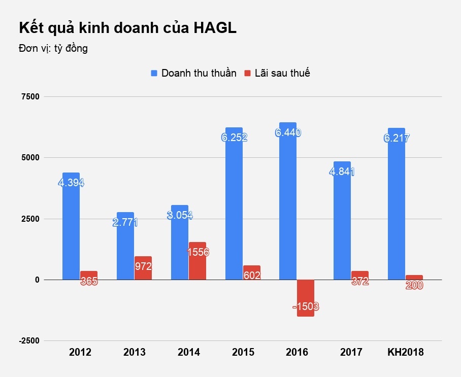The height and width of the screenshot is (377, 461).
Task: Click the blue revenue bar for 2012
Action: coord(71,233)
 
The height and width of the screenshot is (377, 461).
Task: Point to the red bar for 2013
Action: coord(143,268)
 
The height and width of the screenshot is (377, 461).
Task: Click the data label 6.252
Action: coord(234,138)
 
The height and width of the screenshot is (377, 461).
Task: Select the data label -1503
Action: coord(306,306)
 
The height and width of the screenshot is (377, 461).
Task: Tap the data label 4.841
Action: coord(341,172)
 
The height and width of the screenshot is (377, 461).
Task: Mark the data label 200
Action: coord(414,285)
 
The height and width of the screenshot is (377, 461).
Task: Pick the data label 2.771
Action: coord(125,222)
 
